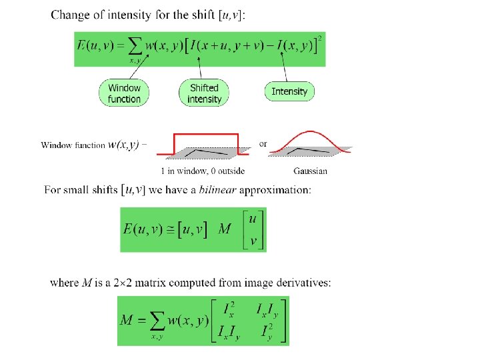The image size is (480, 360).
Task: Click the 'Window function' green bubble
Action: coord(124,93)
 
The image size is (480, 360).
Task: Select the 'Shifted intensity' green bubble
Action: coord(204,93)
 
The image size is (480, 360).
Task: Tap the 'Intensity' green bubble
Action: coord(289,91)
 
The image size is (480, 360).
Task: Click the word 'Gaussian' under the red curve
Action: coord(310,171)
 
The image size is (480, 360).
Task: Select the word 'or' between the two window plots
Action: coord(263,143)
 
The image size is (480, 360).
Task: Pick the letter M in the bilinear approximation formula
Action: coord(225,229)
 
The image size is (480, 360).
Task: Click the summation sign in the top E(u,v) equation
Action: coord(134,46)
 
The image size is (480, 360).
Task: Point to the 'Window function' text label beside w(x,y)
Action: coord(73,145)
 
